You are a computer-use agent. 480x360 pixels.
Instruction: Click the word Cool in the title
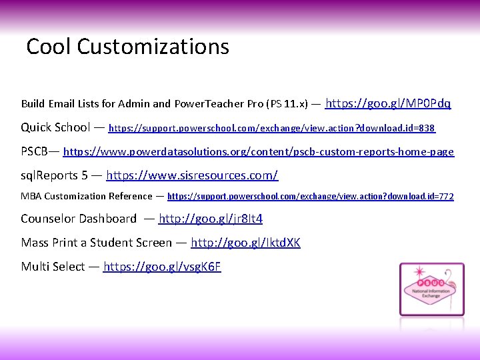[49, 47]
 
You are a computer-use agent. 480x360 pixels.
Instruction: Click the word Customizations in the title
[153, 47]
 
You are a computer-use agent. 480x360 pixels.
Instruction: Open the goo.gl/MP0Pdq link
[388, 103]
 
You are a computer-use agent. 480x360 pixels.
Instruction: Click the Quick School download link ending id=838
[271, 127]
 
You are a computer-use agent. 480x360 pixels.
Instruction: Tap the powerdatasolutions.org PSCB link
[258, 152]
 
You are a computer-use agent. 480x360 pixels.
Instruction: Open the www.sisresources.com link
[192, 176]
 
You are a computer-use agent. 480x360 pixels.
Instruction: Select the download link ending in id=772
[310, 197]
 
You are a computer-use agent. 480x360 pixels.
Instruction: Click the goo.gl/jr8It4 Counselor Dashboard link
[211, 219]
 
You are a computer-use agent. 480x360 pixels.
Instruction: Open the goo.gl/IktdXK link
[245, 243]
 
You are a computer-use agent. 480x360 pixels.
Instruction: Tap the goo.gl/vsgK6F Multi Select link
[162, 267]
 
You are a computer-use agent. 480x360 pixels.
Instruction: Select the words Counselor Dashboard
[79, 219]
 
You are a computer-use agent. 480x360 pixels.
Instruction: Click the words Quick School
[55, 127]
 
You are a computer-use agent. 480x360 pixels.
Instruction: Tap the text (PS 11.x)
[287, 104]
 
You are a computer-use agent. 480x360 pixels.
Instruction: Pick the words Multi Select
[53, 267]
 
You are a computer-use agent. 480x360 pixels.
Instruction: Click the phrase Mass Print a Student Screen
[96, 243]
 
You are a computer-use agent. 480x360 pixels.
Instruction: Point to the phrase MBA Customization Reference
[86, 197]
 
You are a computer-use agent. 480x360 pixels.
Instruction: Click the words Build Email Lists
[60, 104]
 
